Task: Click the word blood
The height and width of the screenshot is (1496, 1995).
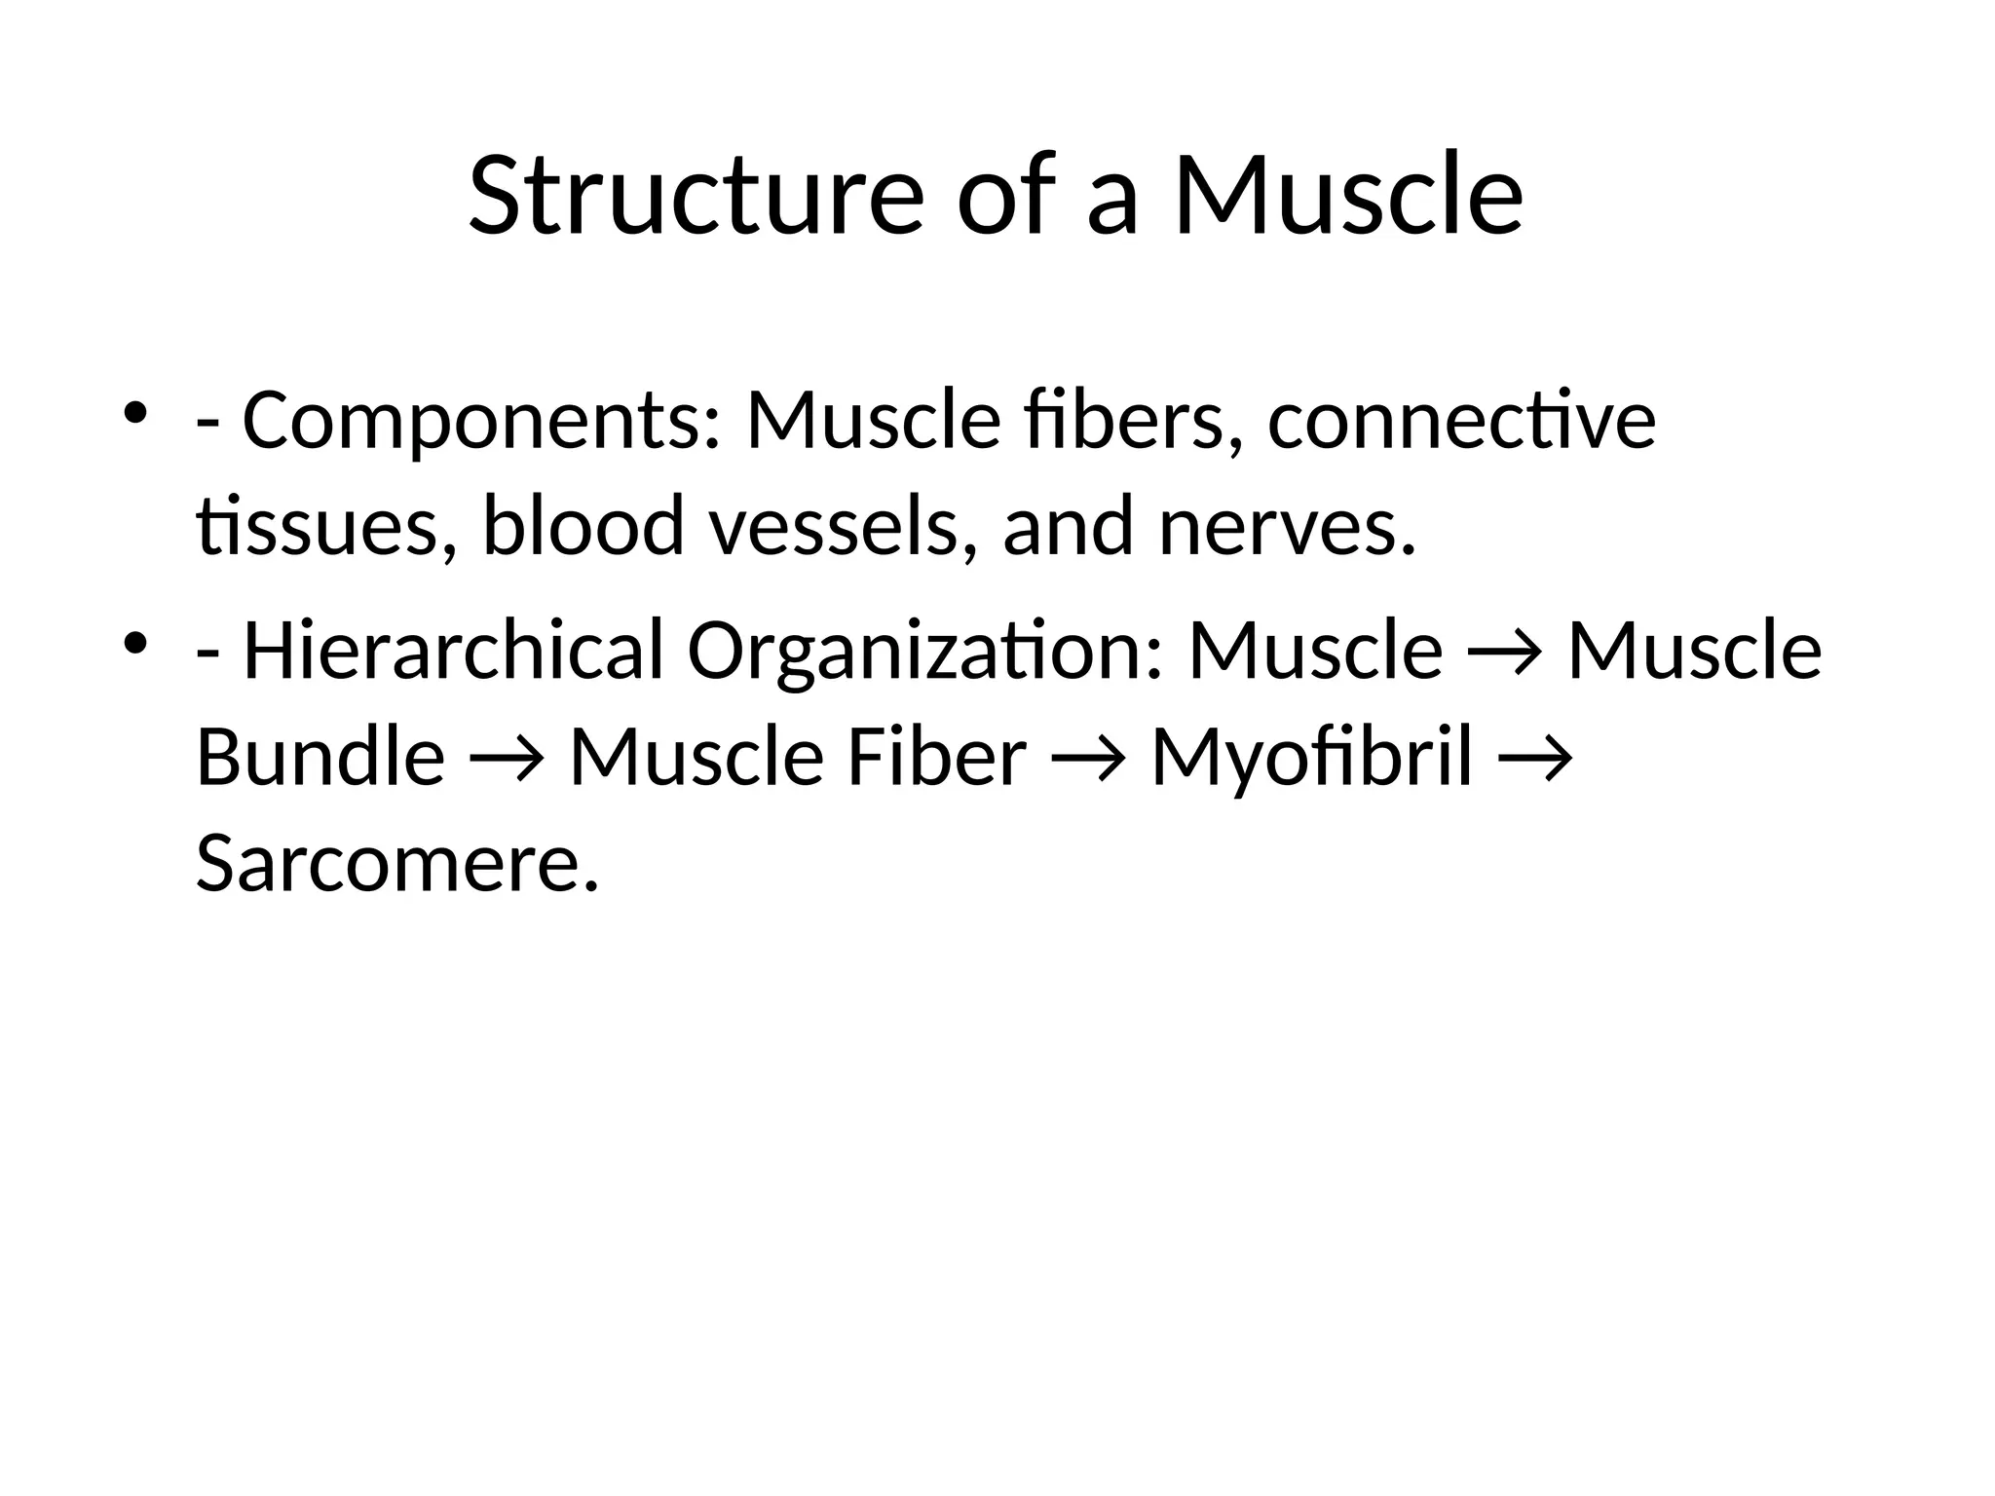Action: click(583, 527)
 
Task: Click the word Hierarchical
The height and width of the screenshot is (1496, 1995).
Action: click(453, 651)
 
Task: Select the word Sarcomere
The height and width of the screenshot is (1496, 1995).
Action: click(396, 863)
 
